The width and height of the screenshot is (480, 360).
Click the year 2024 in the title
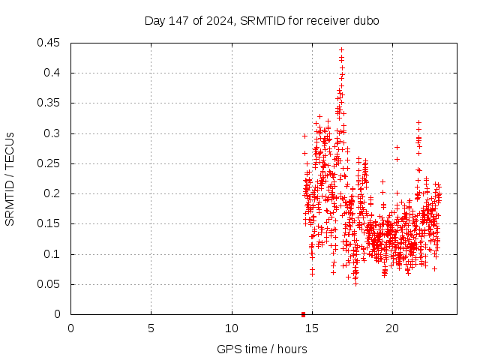tap(221, 20)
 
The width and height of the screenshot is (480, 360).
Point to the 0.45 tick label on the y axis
tap(50, 43)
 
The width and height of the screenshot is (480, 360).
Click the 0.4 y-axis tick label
tap(53, 73)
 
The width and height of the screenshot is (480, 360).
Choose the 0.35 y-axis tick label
tap(50, 103)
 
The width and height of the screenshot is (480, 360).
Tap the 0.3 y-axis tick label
tap(53, 133)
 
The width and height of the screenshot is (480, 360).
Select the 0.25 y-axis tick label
tap(50, 163)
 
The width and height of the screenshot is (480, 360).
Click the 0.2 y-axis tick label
tap(53, 193)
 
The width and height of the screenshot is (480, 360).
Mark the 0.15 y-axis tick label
tap(50, 223)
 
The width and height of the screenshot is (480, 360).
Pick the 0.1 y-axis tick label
tap(53, 254)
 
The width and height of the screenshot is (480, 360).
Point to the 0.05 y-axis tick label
tap(50, 284)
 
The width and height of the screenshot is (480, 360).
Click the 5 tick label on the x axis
tap(151, 328)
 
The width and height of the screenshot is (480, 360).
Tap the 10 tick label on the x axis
tap(232, 328)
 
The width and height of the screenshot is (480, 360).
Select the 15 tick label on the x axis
tap(312, 328)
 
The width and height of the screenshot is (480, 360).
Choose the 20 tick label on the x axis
tap(392, 328)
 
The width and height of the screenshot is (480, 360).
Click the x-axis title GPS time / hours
tap(262, 349)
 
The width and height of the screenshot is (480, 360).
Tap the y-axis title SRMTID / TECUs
tap(10, 178)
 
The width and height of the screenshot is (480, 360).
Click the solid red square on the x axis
tap(303, 313)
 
